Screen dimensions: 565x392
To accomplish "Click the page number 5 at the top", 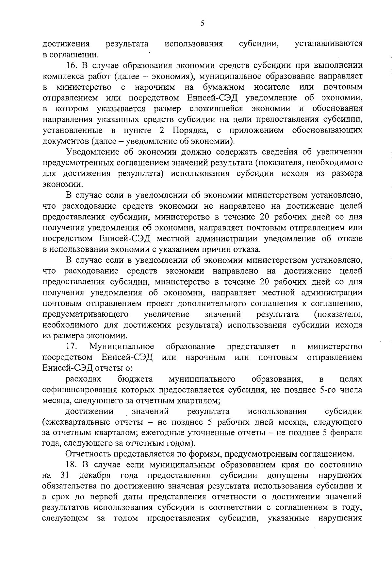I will (x=202, y=24).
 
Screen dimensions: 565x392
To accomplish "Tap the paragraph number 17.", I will (x=71, y=346).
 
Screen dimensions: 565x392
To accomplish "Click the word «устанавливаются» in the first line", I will (x=328, y=44).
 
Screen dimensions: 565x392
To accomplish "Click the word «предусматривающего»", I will (x=85, y=314).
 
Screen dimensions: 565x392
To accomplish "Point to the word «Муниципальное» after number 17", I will (x=122, y=346).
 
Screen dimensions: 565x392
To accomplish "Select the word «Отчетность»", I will (x=88, y=454).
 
